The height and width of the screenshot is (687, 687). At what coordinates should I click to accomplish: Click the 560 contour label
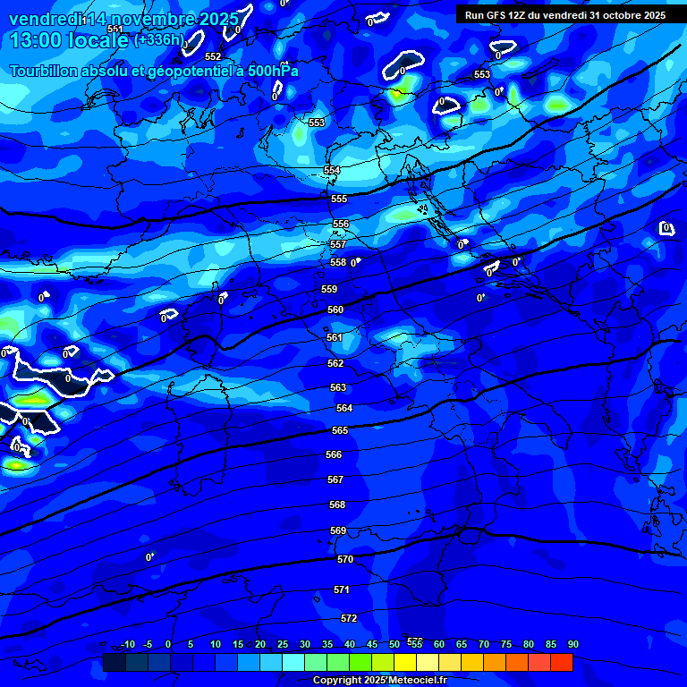click(335, 310)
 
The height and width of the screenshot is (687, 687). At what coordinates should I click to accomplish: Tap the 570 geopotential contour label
click(345, 559)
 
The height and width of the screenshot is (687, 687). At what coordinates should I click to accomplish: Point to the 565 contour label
click(340, 430)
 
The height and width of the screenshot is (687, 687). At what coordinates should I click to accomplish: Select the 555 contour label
click(339, 199)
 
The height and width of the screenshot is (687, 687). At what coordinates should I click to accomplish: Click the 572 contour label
click(349, 618)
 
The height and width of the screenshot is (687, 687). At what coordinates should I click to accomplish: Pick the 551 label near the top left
click(114, 30)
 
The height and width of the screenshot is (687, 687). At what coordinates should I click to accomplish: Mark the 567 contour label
click(335, 480)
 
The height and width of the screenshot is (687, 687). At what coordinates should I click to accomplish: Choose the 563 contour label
click(338, 387)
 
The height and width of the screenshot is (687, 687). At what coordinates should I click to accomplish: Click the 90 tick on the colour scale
click(572, 644)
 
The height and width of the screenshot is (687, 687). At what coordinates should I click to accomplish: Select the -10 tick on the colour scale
click(127, 644)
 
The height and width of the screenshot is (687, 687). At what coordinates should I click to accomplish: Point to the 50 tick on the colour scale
click(394, 644)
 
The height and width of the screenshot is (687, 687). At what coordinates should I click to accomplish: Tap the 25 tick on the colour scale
click(283, 644)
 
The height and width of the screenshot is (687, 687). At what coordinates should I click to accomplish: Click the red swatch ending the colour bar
click(561, 663)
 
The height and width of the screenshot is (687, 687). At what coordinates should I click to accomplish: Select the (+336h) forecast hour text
click(158, 40)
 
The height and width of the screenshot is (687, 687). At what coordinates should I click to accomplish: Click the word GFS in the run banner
click(499, 15)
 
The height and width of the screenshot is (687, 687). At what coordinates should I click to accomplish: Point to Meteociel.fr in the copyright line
click(415, 681)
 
